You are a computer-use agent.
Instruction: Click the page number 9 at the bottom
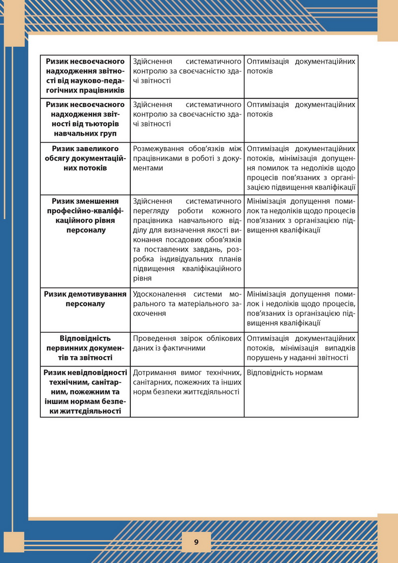(196, 542)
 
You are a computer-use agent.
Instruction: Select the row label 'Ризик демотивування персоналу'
(85, 299)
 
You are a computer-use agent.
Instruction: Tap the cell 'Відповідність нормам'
(284, 373)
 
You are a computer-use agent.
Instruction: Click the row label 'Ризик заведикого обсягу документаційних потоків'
(85, 158)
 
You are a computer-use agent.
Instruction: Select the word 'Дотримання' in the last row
(154, 373)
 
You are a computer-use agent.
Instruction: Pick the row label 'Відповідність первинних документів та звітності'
(85, 348)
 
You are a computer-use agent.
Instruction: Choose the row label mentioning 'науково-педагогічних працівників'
(85, 76)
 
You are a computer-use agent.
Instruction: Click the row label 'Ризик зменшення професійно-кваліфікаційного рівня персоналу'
(85, 215)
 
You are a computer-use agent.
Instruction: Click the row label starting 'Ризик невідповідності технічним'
(85, 392)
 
